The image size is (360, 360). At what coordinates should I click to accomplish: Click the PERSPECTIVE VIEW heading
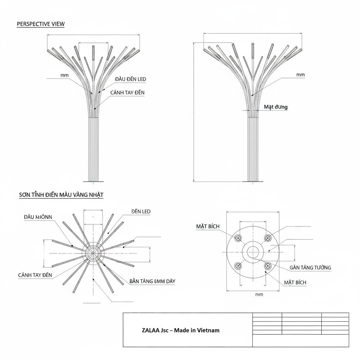click(x=41, y=24)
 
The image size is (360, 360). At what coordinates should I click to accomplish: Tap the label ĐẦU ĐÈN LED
click(x=130, y=79)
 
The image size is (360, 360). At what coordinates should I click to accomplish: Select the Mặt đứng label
click(x=276, y=107)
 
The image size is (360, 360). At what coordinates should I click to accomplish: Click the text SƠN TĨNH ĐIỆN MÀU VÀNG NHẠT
click(x=61, y=194)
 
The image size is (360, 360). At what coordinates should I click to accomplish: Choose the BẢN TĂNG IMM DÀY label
click(x=152, y=281)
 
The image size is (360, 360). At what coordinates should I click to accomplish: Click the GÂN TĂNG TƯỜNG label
click(x=310, y=268)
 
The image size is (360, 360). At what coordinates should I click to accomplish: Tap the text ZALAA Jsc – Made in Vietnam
click(x=181, y=330)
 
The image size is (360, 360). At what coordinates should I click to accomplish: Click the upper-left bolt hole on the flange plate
click(x=238, y=238)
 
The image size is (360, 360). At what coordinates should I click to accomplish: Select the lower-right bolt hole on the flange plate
click(x=268, y=265)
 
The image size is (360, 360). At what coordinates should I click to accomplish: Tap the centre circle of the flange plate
click(x=253, y=252)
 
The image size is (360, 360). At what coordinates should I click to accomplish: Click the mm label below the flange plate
click(x=259, y=295)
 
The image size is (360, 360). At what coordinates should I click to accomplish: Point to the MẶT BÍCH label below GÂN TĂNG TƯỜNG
click(x=295, y=282)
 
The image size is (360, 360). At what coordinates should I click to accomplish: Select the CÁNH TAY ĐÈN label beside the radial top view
click(x=35, y=275)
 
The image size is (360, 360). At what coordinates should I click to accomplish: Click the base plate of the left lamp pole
click(x=93, y=181)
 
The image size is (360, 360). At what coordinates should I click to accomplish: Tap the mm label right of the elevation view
click(x=301, y=75)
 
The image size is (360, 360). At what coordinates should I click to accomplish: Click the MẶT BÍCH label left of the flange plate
click(x=207, y=226)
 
